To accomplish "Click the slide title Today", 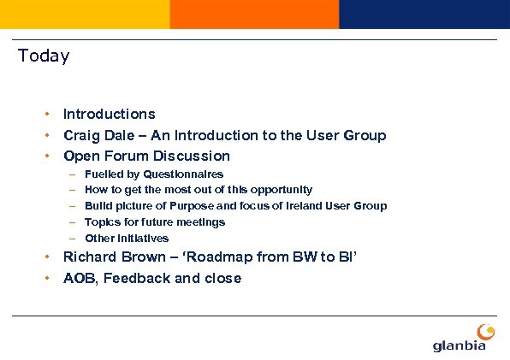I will tap(44, 56).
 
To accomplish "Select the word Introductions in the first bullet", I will tap(110, 114).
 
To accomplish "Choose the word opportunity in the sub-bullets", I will tap(277, 190).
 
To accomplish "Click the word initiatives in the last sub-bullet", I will tap(141, 239).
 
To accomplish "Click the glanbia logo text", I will tap(460, 345).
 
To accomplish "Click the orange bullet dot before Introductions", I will tap(50, 114).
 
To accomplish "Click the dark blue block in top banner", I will tap(424, 14).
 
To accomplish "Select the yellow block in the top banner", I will tap(85, 14).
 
